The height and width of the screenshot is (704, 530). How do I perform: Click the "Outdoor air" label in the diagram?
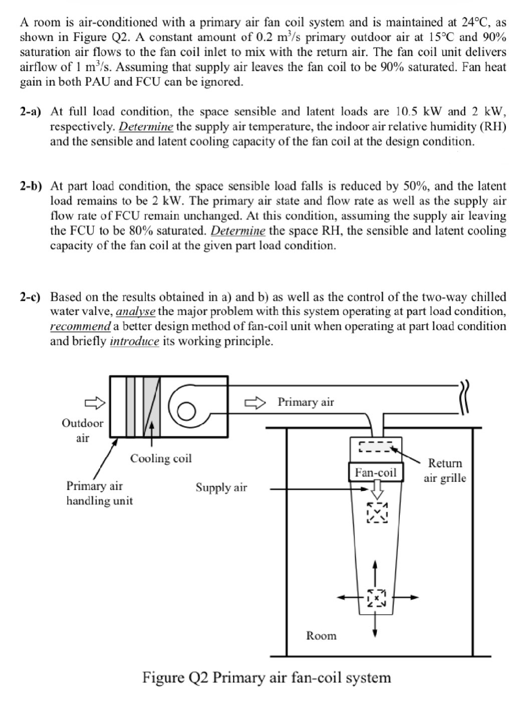coord(82,430)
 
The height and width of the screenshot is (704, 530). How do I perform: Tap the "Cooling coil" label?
coord(161,458)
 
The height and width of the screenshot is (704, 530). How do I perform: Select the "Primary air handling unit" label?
coord(99,493)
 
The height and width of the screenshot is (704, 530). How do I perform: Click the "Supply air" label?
coord(221,487)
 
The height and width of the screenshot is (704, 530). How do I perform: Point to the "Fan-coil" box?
coord(376,472)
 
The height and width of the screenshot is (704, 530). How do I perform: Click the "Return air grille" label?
coord(445,470)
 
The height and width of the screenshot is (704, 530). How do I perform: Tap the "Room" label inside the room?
coord(321,636)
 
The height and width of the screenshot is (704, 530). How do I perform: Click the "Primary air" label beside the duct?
coord(306,402)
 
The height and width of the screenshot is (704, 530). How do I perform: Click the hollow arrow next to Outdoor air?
coord(94,402)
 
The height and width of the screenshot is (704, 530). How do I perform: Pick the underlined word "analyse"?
coord(136,312)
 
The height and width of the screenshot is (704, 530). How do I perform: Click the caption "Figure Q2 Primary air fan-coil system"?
coord(267,677)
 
